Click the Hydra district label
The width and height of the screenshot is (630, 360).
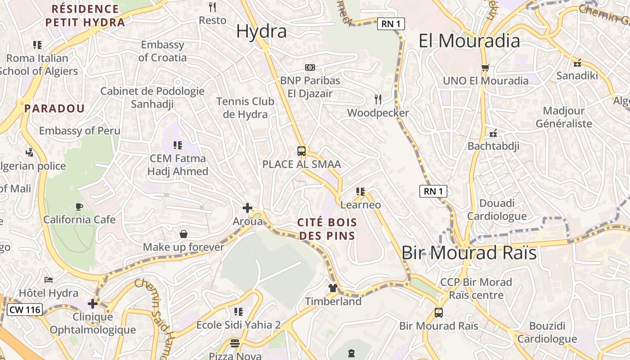261,31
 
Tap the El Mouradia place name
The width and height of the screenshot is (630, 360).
469,41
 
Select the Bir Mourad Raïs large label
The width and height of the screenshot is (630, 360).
469,253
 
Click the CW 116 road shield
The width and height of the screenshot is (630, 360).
25,310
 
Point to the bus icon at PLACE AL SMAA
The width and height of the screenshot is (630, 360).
301,151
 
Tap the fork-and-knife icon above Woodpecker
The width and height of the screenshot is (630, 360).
378,99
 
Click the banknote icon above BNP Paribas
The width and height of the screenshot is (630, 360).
310,67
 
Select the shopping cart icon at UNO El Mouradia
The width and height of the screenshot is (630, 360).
485,68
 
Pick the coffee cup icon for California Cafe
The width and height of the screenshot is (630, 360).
79,207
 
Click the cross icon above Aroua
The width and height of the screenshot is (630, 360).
247,208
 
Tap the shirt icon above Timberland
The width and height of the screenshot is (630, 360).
333,288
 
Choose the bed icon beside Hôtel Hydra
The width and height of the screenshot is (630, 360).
49,280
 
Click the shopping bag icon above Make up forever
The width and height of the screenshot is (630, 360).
184,234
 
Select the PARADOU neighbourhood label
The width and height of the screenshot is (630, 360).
54,108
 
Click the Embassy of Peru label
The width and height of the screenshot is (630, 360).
80,131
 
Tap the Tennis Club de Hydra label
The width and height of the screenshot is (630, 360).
245,108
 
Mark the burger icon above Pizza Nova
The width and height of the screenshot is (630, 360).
234,344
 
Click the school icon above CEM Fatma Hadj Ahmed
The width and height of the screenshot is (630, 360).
178,145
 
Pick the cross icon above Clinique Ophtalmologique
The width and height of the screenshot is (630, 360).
93,304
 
